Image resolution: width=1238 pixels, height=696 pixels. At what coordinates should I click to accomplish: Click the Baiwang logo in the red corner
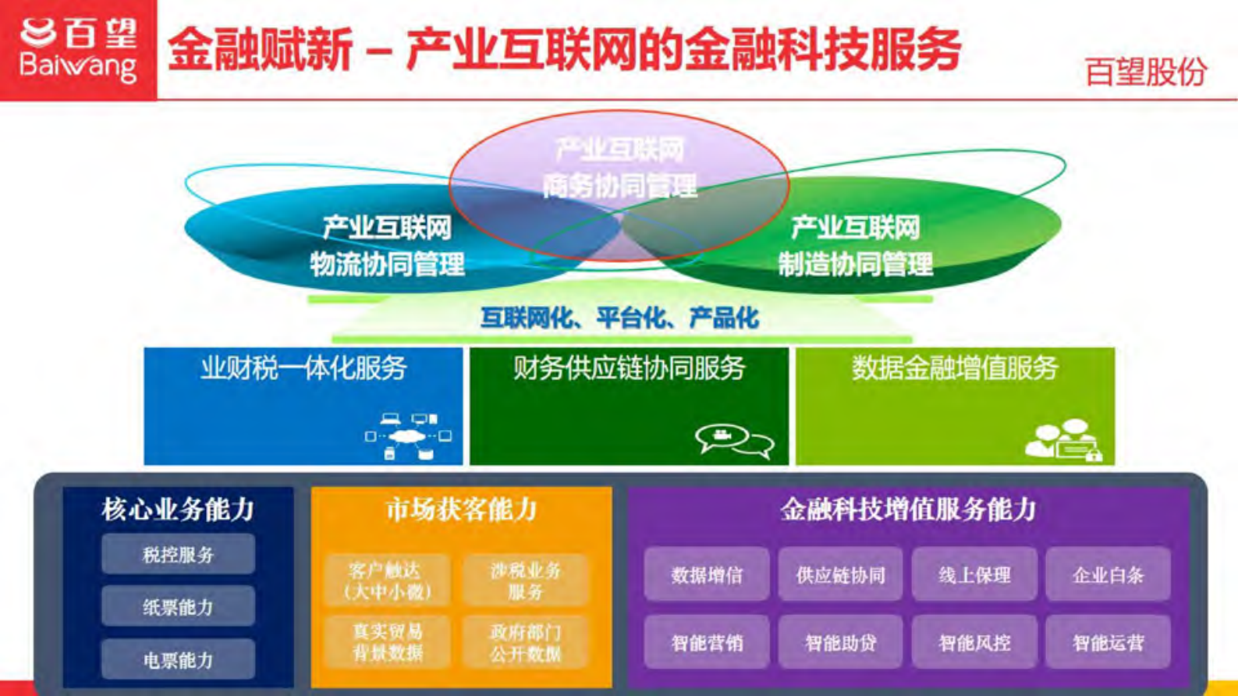(x=78, y=49)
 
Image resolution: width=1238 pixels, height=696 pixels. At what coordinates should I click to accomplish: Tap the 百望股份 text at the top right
(x=1144, y=73)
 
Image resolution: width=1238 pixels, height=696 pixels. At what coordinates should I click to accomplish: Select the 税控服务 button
(x=178, y=555)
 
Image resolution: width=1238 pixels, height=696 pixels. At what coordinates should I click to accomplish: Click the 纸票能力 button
(x=178, y=607)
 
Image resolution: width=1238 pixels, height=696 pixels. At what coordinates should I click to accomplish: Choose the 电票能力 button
(x=178, y=660)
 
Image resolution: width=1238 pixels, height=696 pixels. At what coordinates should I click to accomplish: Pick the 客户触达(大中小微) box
(x=388, y=581)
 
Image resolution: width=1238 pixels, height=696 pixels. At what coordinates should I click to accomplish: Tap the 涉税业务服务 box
(x=525, y=581)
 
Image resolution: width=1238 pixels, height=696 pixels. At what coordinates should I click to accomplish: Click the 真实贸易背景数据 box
(x=388, y=641)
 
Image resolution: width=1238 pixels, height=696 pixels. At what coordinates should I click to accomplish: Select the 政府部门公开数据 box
(x=525, y=641)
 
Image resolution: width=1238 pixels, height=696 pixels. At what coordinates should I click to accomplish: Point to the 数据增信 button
(x=707, y=575)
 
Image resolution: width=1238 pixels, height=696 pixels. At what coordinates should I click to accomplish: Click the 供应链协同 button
(x=840, y=575)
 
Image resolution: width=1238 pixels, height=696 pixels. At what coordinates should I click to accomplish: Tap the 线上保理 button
(x=974, y=575)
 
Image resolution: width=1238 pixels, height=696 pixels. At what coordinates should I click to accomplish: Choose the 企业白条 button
(x=1108, y=575)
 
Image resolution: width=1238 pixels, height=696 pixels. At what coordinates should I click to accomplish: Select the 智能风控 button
(x=974, y=642)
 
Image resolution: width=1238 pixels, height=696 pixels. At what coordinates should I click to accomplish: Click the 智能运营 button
(x=1108, y=642)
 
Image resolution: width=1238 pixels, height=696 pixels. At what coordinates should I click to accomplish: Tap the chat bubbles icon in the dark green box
(x=734, y=440)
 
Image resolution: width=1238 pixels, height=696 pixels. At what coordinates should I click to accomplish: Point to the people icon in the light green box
(x=1062, y=440)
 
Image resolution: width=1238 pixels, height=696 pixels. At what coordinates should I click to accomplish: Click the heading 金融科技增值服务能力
(x=908, y=510)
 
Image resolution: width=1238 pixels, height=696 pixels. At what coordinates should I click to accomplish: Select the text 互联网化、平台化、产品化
(x=619, y=318)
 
